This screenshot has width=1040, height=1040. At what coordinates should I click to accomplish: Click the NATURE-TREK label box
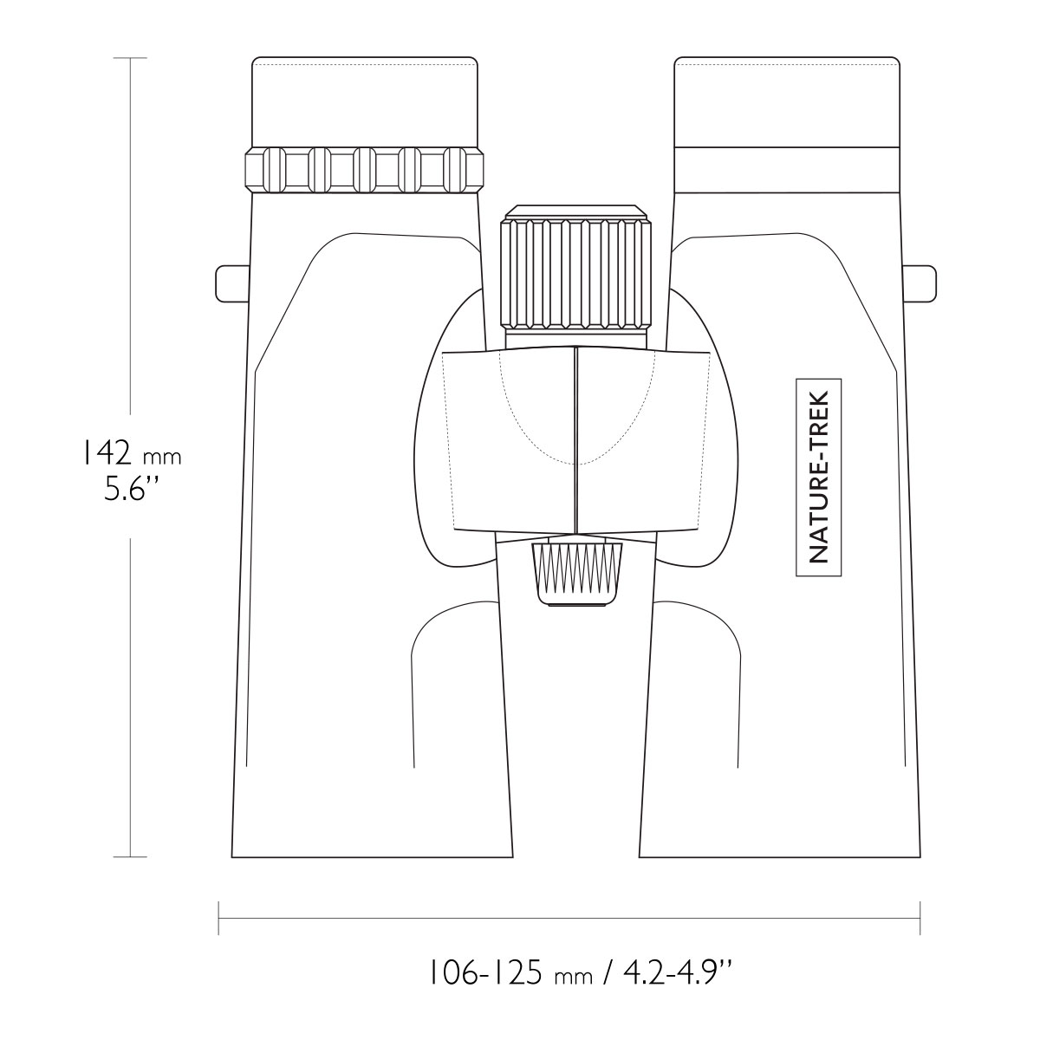[818, 477]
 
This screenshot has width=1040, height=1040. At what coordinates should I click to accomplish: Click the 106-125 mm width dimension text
[510, 974]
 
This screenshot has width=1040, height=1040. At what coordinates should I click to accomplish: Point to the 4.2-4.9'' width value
[679, 973]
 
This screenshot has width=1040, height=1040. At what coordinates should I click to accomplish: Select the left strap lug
[232, 284]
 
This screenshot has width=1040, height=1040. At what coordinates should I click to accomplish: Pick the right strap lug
[920, 283]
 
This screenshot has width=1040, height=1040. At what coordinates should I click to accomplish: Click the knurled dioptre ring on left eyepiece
[364, 170]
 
